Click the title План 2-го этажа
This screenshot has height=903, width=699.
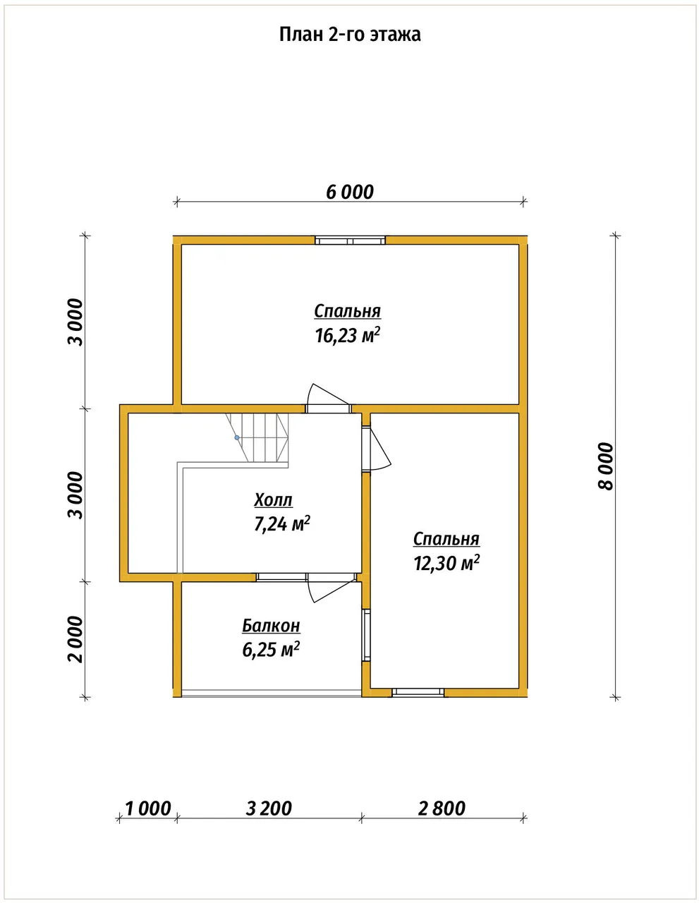[350, 35]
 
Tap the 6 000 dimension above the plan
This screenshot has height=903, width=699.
[350, 192]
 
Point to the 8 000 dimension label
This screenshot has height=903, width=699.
[606, 466]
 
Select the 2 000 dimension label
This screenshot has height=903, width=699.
[76, 639]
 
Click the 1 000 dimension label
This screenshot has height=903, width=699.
[148, 808]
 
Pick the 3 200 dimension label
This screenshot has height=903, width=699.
[269, 808]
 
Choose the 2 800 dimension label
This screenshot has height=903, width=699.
[442, 808]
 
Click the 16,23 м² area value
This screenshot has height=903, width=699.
[348, 335]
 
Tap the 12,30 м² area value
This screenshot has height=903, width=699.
[446, 564]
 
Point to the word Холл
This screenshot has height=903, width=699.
[273, 500]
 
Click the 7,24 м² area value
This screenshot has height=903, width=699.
[281, 524]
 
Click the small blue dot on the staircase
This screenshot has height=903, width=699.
[237, 437]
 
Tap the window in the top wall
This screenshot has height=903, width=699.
[350, 240]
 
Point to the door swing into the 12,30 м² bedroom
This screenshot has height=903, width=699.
[377, 449]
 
